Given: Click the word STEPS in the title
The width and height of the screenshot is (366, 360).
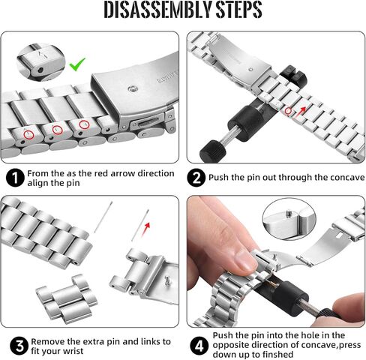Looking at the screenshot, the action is (x=239, y=10).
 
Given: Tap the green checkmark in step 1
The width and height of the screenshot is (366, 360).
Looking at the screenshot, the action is (x=77, y=64).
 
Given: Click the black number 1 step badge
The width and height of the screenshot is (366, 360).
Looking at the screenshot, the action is (x=15, y=178).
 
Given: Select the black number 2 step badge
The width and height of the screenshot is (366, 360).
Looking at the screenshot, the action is (x=196, y=178).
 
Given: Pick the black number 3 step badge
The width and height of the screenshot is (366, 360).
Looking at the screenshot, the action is (x=19, y=346).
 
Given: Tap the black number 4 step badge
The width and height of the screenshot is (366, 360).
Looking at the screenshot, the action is (x=199, y=346).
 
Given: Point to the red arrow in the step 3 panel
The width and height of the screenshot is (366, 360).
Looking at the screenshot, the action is (x=145, y=229).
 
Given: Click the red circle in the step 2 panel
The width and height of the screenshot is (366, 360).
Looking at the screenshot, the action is (x=288, y=111).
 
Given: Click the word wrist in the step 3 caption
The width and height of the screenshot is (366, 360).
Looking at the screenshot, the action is (x=73, y=351).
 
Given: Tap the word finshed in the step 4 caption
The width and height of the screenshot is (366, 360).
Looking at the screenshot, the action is (x=277, y=354).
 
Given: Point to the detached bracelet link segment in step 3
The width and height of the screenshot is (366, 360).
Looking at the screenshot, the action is (x=67, y=298).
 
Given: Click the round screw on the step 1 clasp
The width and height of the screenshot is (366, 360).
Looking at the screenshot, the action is (x=132, y=88).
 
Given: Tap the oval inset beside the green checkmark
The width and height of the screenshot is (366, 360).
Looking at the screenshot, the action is (x=40, y=62).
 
